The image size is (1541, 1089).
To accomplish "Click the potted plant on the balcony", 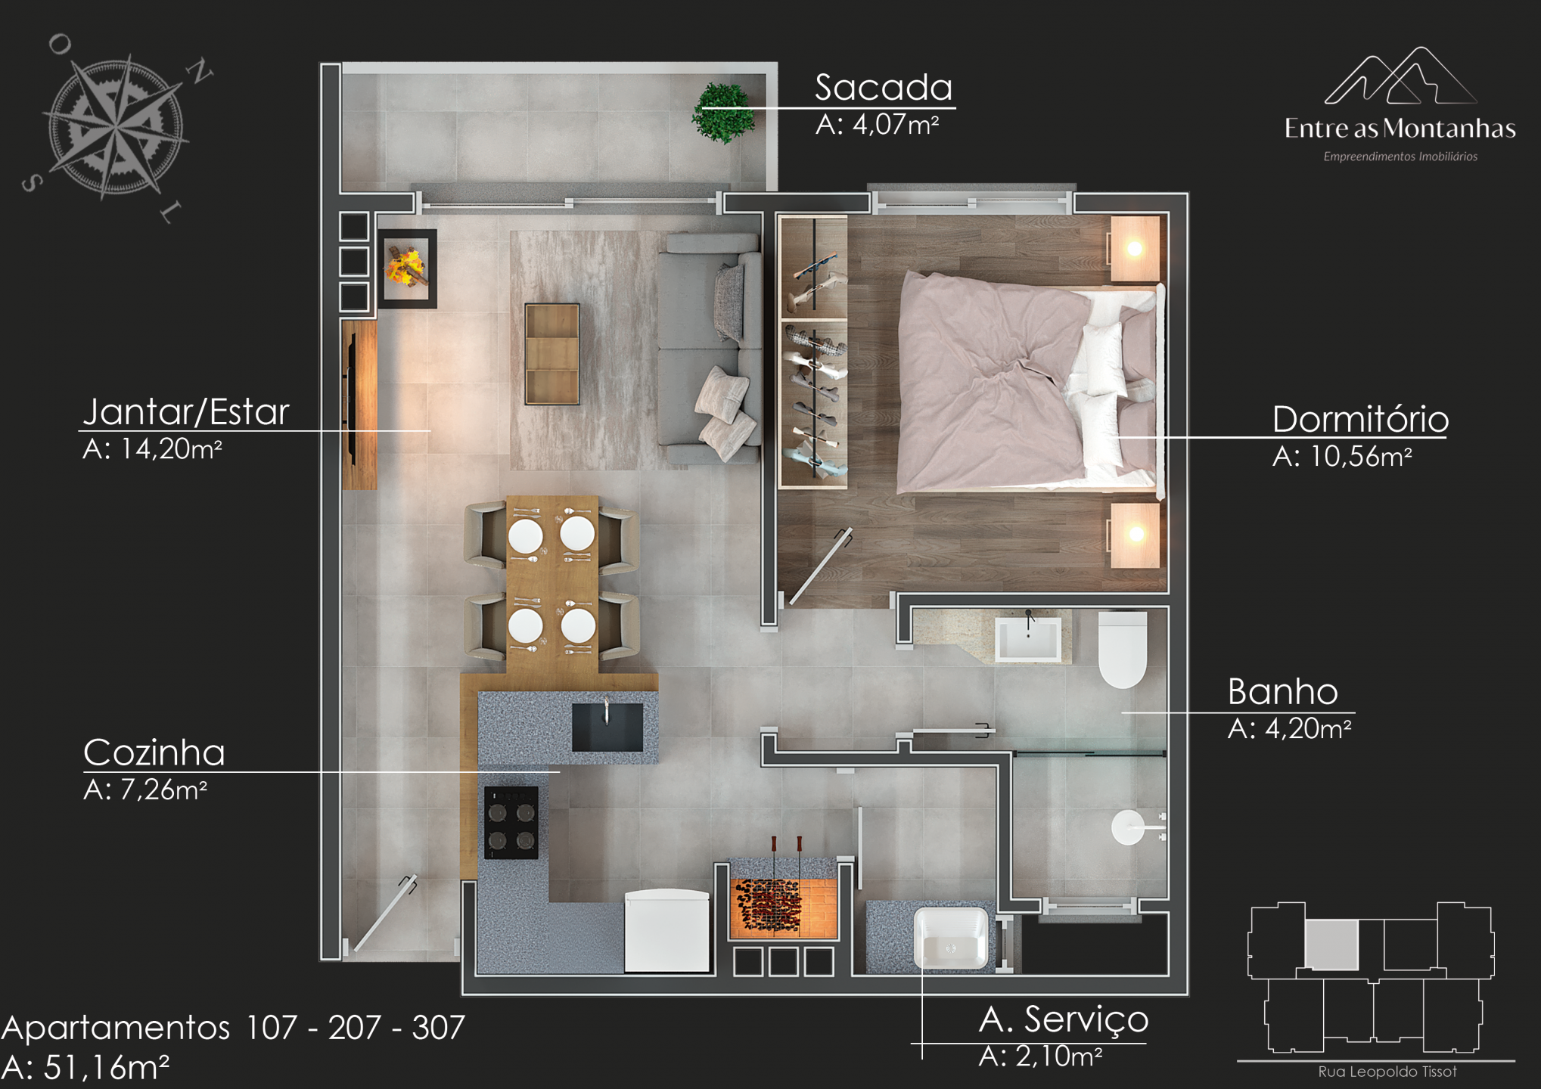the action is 724,113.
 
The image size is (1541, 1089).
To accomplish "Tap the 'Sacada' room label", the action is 884,88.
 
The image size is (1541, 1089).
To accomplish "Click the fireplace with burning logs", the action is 407,268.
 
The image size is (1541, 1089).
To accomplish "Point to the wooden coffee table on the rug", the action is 552,354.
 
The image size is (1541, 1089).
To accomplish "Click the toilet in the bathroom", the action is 1123,649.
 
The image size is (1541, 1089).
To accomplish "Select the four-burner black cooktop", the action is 511,823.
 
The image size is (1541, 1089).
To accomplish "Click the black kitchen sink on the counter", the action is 607,727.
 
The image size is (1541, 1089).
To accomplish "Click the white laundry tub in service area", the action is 951,939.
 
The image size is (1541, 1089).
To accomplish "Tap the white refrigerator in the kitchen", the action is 667,930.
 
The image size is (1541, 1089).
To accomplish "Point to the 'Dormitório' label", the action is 1360,420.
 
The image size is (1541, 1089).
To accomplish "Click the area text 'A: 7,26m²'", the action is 145,790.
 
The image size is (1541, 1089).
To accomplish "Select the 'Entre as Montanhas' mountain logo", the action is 1400,104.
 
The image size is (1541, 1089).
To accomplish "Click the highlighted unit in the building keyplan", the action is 1331,944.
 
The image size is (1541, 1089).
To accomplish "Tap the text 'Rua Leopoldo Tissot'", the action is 1387,1072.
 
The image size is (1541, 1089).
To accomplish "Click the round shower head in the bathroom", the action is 1128,827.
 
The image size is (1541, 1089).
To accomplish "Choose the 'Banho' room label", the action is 1282,691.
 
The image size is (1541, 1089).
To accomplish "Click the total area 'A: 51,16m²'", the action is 85,1067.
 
